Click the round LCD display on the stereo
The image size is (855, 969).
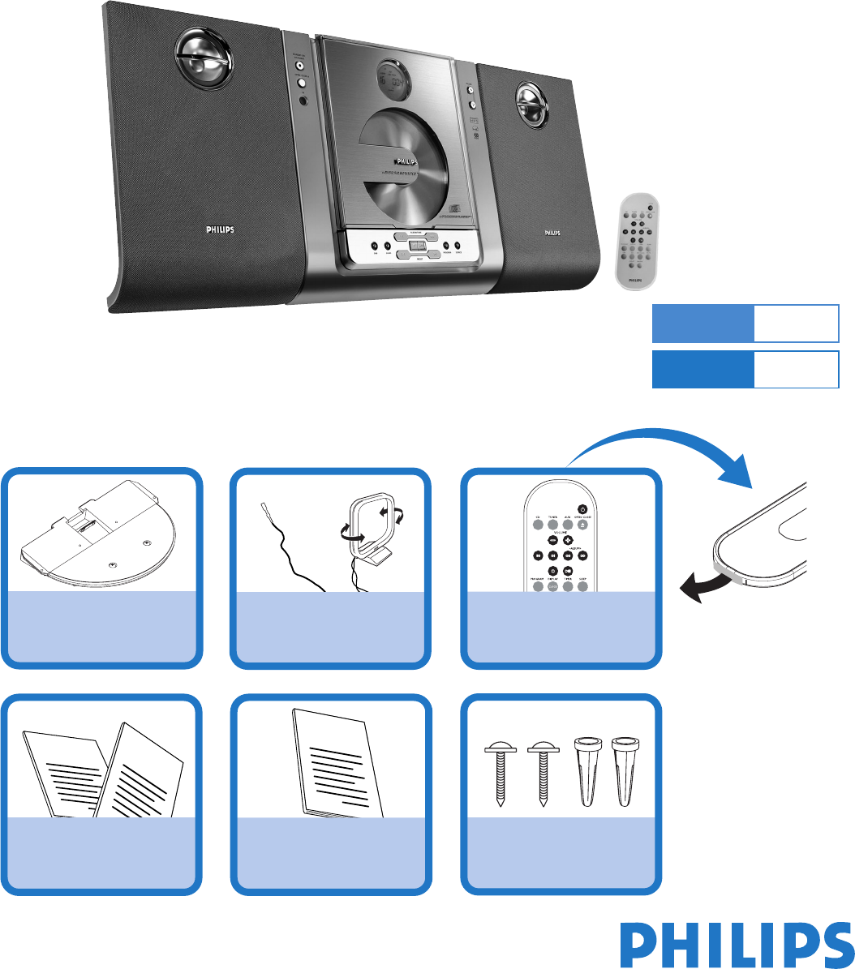tap(393, 79)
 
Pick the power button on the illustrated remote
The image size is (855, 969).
tap(582, 509)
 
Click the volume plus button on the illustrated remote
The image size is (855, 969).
tap(567, 539)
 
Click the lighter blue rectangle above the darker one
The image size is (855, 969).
tap(702, 324)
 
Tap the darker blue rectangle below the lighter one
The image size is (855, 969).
tap(702, 370)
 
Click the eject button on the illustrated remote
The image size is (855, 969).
tap(582, 524)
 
